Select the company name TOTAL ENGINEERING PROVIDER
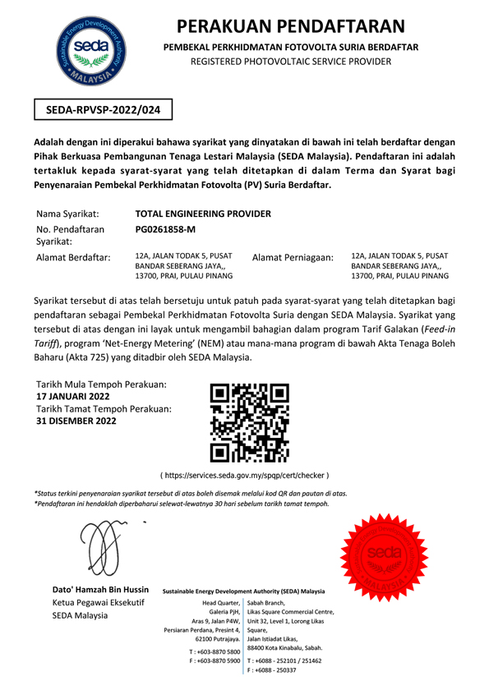click(201, 214)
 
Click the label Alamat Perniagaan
click(293, 258)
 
